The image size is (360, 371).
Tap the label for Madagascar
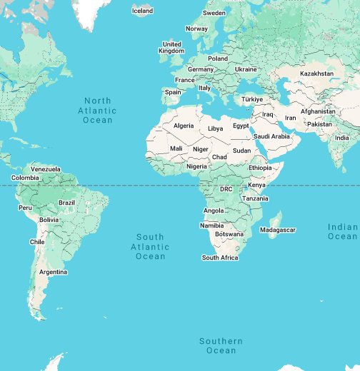point(277,230)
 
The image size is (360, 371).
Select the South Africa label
point(220,258)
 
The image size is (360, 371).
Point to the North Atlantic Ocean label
point(98,111)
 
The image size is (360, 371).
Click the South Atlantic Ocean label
point(150,246)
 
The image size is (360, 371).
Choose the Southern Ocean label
point(221,346)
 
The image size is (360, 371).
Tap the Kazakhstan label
point(316,73)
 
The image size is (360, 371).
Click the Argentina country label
point(54,272)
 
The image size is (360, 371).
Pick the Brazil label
point(66,203)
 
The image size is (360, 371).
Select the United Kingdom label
point(171,48)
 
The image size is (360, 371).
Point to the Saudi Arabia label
point(271,136)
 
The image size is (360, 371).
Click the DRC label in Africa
point(226,189)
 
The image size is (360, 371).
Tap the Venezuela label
point(46,168)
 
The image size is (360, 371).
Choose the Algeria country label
point(184,126)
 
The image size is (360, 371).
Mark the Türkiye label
point(252,99)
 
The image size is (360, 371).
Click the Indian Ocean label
point(343,231)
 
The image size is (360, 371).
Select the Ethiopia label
point(260,167)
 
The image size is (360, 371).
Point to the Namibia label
point(212,225)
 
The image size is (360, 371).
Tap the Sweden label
point(214,13)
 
